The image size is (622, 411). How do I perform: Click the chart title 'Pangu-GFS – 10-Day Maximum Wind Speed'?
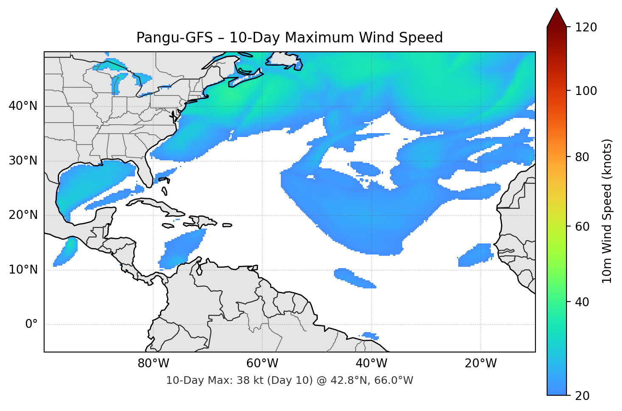289,38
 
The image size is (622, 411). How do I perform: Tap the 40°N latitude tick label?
23,106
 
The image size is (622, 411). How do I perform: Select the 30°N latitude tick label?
23,161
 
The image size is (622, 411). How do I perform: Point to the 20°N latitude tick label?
23,215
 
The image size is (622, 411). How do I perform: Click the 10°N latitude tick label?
23,270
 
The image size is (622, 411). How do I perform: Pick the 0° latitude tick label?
31,324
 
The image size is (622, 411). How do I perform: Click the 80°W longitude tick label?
153,363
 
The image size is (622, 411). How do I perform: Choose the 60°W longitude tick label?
262,363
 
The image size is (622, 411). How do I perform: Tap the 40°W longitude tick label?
371,363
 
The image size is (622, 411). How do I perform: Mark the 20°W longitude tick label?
480,363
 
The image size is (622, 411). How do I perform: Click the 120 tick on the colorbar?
586,27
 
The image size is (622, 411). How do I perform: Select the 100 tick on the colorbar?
586,91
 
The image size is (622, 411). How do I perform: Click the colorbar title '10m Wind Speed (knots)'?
607,211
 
